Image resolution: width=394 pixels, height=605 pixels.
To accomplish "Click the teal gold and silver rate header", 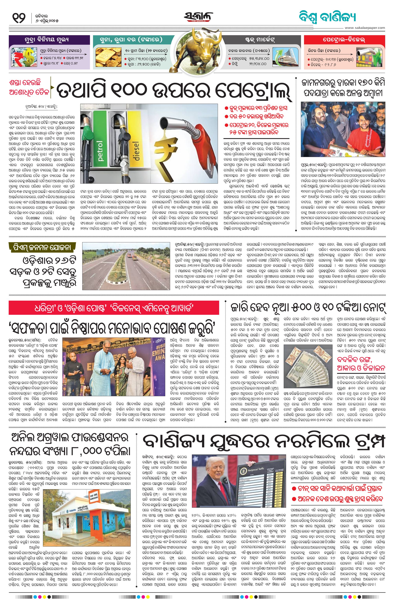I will (x=131, y=40).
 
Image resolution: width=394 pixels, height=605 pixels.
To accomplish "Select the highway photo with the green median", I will (x=126, y=266).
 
